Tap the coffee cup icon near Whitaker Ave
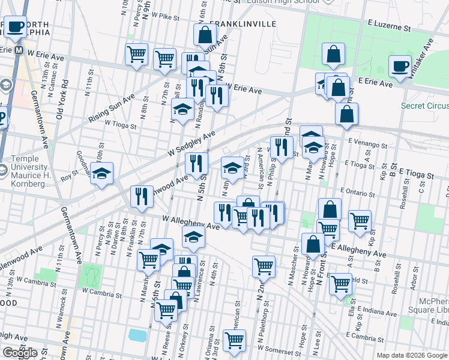point(400,67)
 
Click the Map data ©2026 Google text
point(412,355)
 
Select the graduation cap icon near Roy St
point(102,173)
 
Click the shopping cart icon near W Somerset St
point(234,340)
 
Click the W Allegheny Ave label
point(191,223)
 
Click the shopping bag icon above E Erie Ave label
point(333,55)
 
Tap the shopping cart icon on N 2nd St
point(264,266)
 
